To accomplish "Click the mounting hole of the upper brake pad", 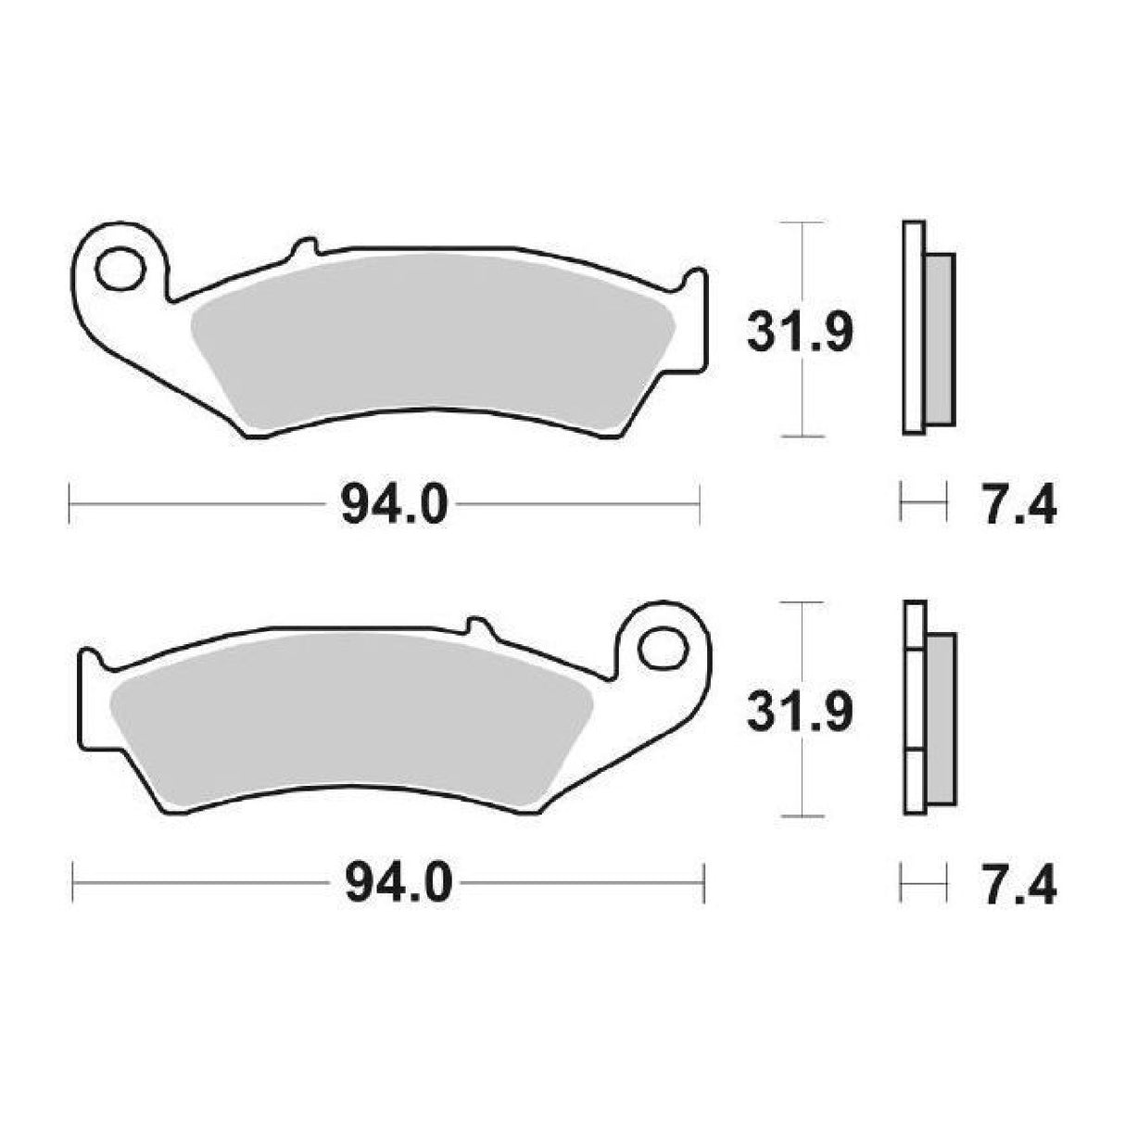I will pyautogui.click(x=120, y=271).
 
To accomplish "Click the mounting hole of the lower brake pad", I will pyautogui.click(x=662, y=646).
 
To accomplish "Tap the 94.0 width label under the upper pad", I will pyautogui.click(x=395, y=506).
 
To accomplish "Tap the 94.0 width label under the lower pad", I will pyautogui.click(x=398, y=884).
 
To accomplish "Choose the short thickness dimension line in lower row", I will pyautogui.click(x=924, y=884).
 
